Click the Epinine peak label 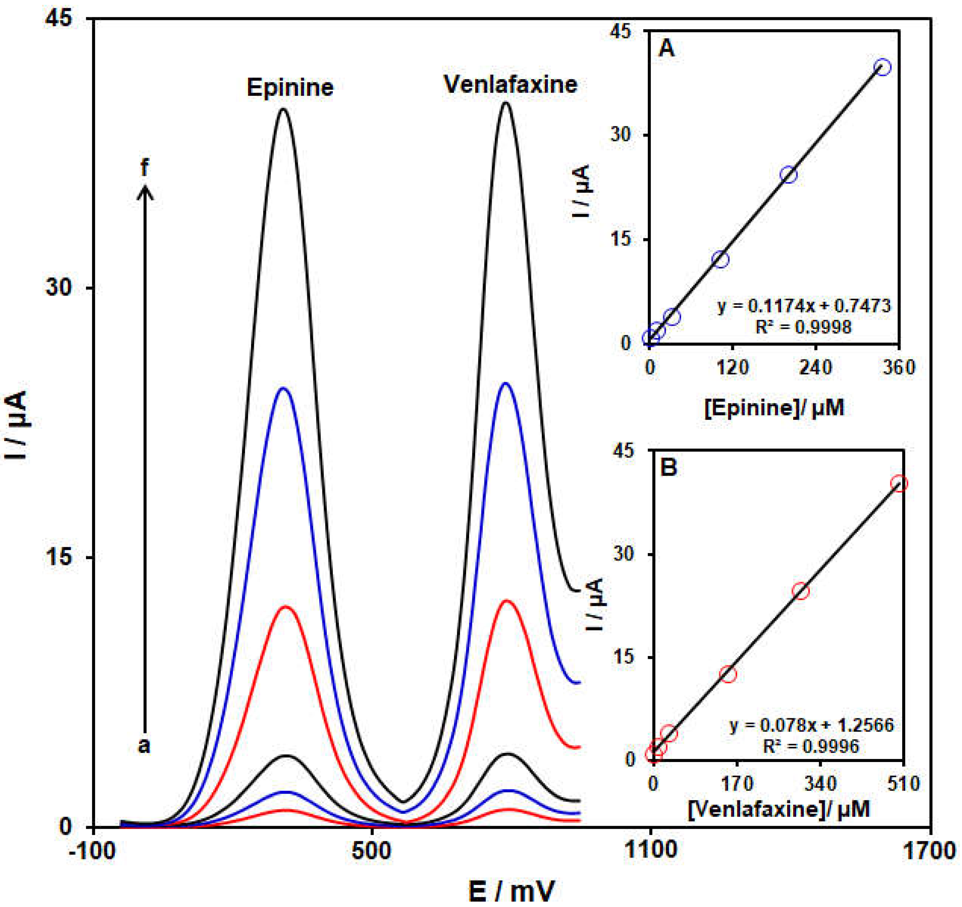pyautogui.click(x=290, y=88)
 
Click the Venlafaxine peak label pyautogui.click(x=510, y=85)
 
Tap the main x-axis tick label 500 pyautogui.click(x=371, y=851)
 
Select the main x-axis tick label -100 pyautogui.click(x=92, y=851)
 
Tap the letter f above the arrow pyautogui.click(x=144, y=169)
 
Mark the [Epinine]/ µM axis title pyautogui.click(x=774, y=408)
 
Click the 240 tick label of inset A pyautogui.click(x=816, y=368)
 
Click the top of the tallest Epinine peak pyautogui.click(x=284, y=109)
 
